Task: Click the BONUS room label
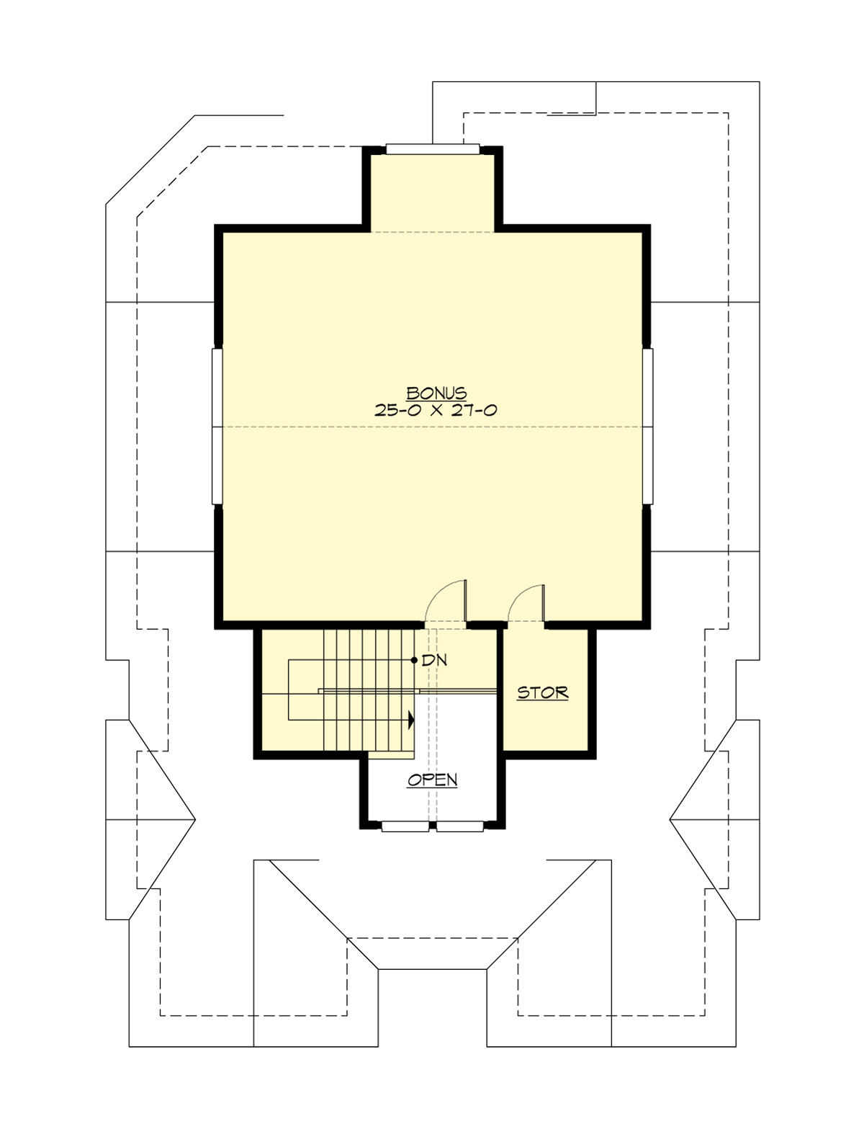[437, 393]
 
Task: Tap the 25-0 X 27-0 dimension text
[436, 411]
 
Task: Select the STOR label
[543, 693]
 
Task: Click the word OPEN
[432, 780]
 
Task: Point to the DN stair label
[434, 660]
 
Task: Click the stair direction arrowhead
[411, 718]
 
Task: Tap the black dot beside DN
[414, 660]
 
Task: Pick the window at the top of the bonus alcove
[432, 149]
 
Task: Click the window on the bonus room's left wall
[217, 427]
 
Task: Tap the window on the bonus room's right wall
[647, 427]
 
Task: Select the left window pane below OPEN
[404, 826]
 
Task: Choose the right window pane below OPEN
[460, 826]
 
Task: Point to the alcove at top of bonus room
[432, 191]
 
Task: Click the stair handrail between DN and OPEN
[407, 690]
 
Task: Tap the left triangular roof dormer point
[195, 819]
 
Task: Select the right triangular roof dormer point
[670, 819]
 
